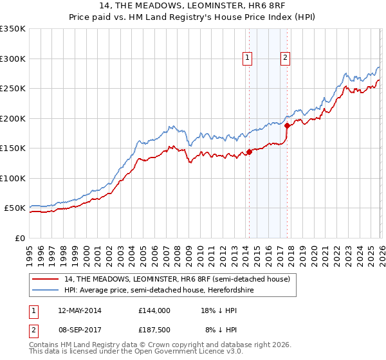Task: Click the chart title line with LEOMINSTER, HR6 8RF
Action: pyautogui.click(x=193, y=7)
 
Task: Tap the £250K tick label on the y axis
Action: pyautogui.click(x=12, y=89)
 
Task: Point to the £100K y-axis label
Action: pyautogui.click(x=12, y=178)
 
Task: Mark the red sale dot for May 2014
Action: pyautogui.click(x=249, y=152)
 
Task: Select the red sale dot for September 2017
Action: pyautogui.click(x=287, y=126)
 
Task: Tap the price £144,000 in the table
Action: pyautogui.click(x=154, y=310)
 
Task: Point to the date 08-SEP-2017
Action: pyautogui.click(x=79, y=330)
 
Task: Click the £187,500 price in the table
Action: pyautogui.click(x=154, y=330)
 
